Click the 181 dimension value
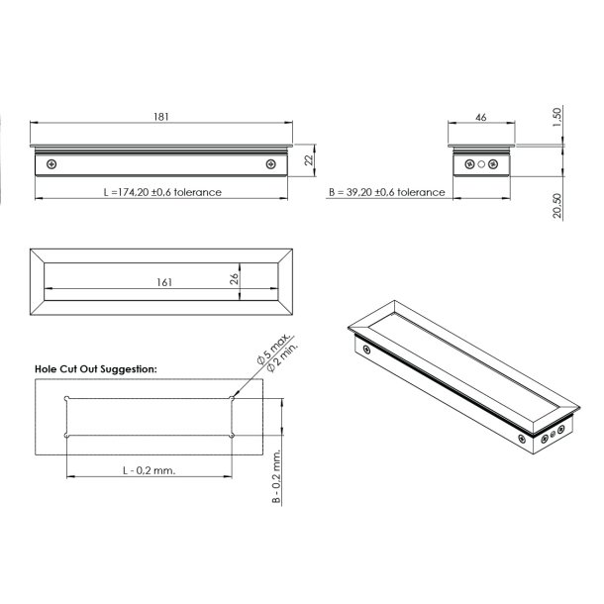tap(161, 117)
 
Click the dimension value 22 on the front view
tap(309, 158)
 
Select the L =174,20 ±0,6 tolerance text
tap(162, 192)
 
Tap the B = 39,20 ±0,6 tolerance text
tap(386, 192)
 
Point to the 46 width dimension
tap(481, 117)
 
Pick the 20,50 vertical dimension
tap(557, 205)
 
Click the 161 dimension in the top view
tap(164, 282)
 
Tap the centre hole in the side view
tap(482, 164)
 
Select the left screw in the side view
tap(470, 164)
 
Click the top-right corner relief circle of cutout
tap(232, 399)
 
